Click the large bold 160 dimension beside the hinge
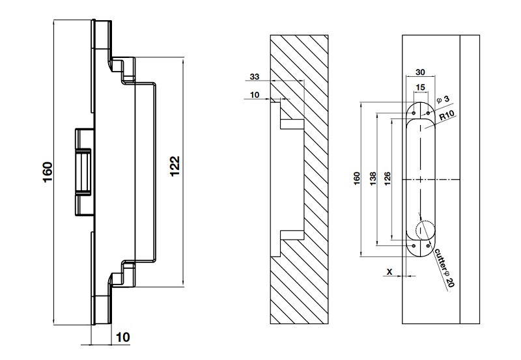pos(48,172)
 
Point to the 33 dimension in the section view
pos(255,77)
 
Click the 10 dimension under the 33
pos(254,95)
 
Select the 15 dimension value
pos(420,87)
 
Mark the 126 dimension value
pos(387,180)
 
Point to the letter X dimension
pos(389,270)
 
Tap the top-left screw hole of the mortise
pos(413,112)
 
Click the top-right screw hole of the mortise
pos(428,112)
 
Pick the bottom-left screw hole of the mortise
pos(413,245)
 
